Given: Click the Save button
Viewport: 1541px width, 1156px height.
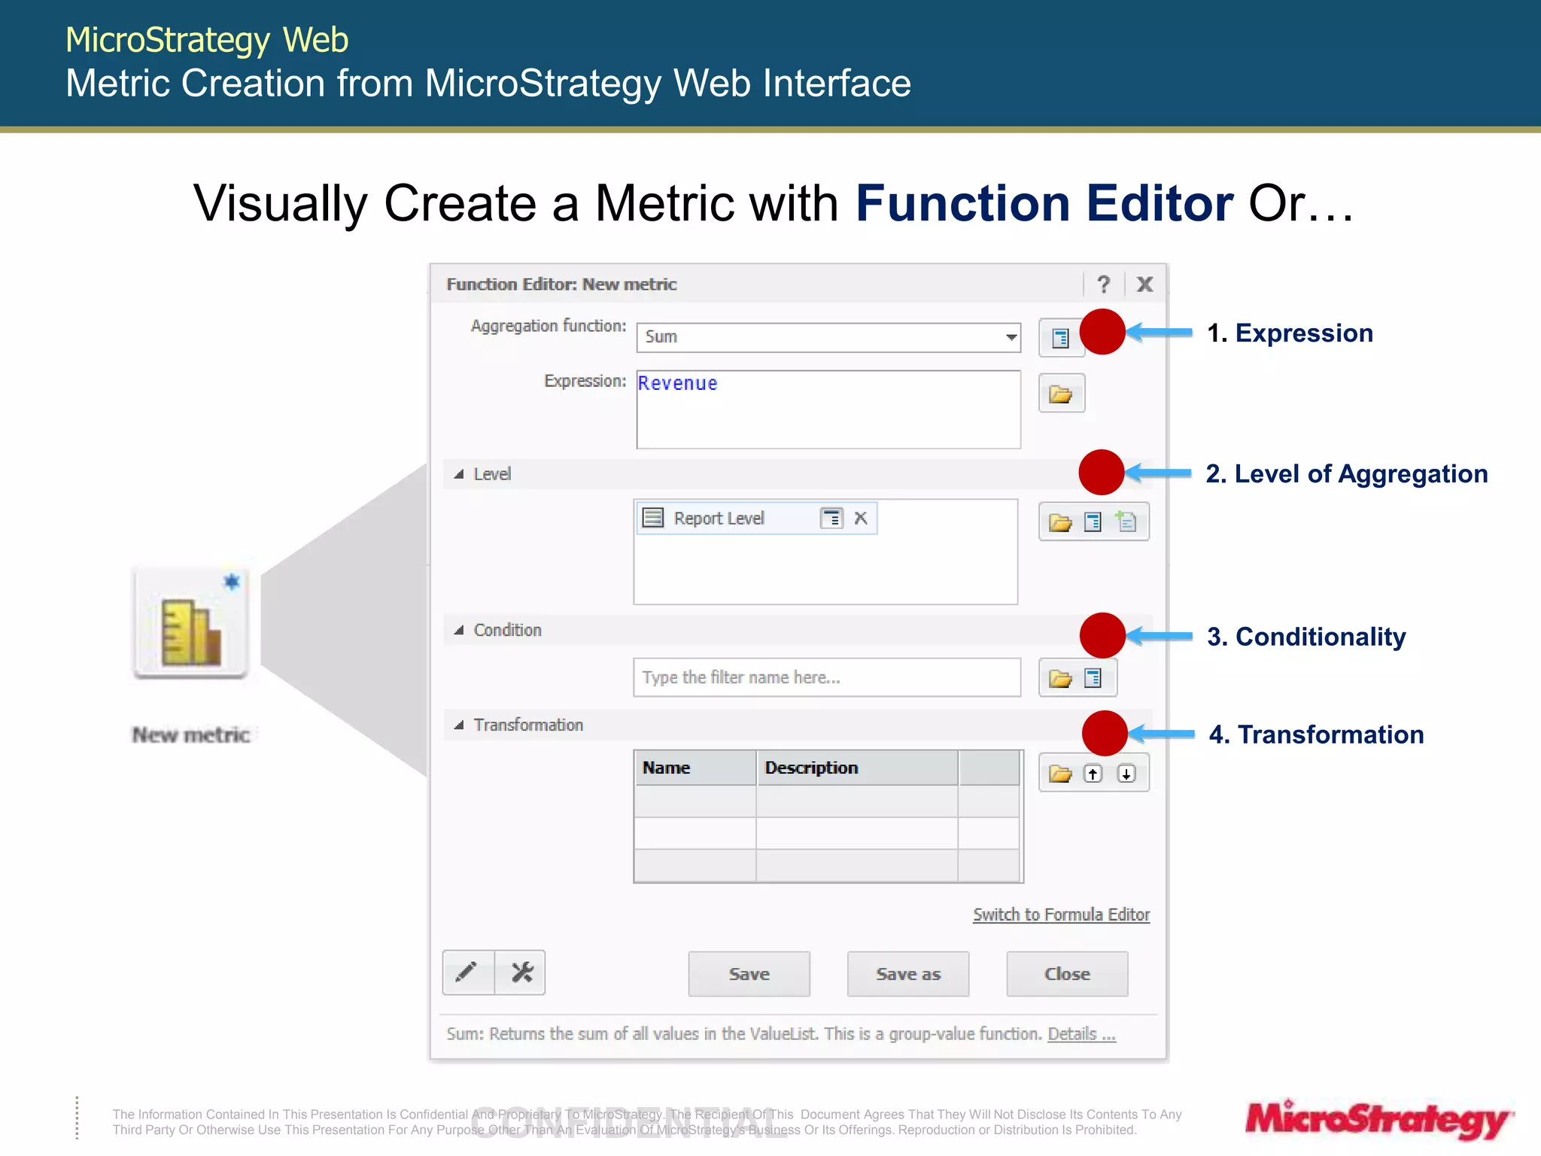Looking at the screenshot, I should click(x=749, y=974).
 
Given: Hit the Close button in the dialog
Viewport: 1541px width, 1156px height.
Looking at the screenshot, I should click(x=1066, y=974).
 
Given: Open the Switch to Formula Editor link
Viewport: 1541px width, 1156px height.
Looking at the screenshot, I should click(x=1061, y=914).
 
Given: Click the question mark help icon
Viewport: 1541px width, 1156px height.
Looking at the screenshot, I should click(x=1103, y=284).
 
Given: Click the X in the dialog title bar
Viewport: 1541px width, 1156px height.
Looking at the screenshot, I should click(x=1144, y=284).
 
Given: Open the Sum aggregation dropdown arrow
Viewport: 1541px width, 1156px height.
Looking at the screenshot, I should click(x=1011, y=337).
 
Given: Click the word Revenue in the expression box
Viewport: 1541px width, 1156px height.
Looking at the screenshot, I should click(x=677, y=383).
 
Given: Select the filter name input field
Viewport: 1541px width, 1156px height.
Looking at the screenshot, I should click(x=826, y=677).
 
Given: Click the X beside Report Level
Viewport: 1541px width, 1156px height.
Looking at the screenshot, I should click(x=861, y=518).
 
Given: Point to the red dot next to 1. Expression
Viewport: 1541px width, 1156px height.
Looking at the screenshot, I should click(x=1102, y=332).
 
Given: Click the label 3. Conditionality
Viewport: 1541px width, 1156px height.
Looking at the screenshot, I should click(x=1306, y=637).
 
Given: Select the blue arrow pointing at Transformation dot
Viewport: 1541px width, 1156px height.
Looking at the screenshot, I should click(x=1163, y=734).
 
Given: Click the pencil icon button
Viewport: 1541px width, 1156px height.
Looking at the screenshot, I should click(x=467, y=972).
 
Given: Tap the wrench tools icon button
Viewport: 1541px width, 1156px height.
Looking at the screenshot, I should click(x=521, y=972).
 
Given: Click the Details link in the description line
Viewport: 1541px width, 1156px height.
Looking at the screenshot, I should click(x=1081, y=1034).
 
